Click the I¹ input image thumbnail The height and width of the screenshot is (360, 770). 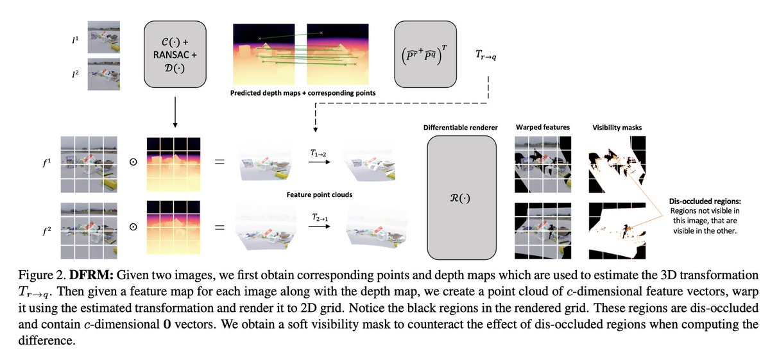[103, 38]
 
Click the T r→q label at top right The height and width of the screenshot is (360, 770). [485, 55]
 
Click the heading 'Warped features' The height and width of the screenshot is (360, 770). [542, 128]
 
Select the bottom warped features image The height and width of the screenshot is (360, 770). [542, 230]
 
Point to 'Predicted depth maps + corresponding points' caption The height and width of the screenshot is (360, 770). [303, 93]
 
